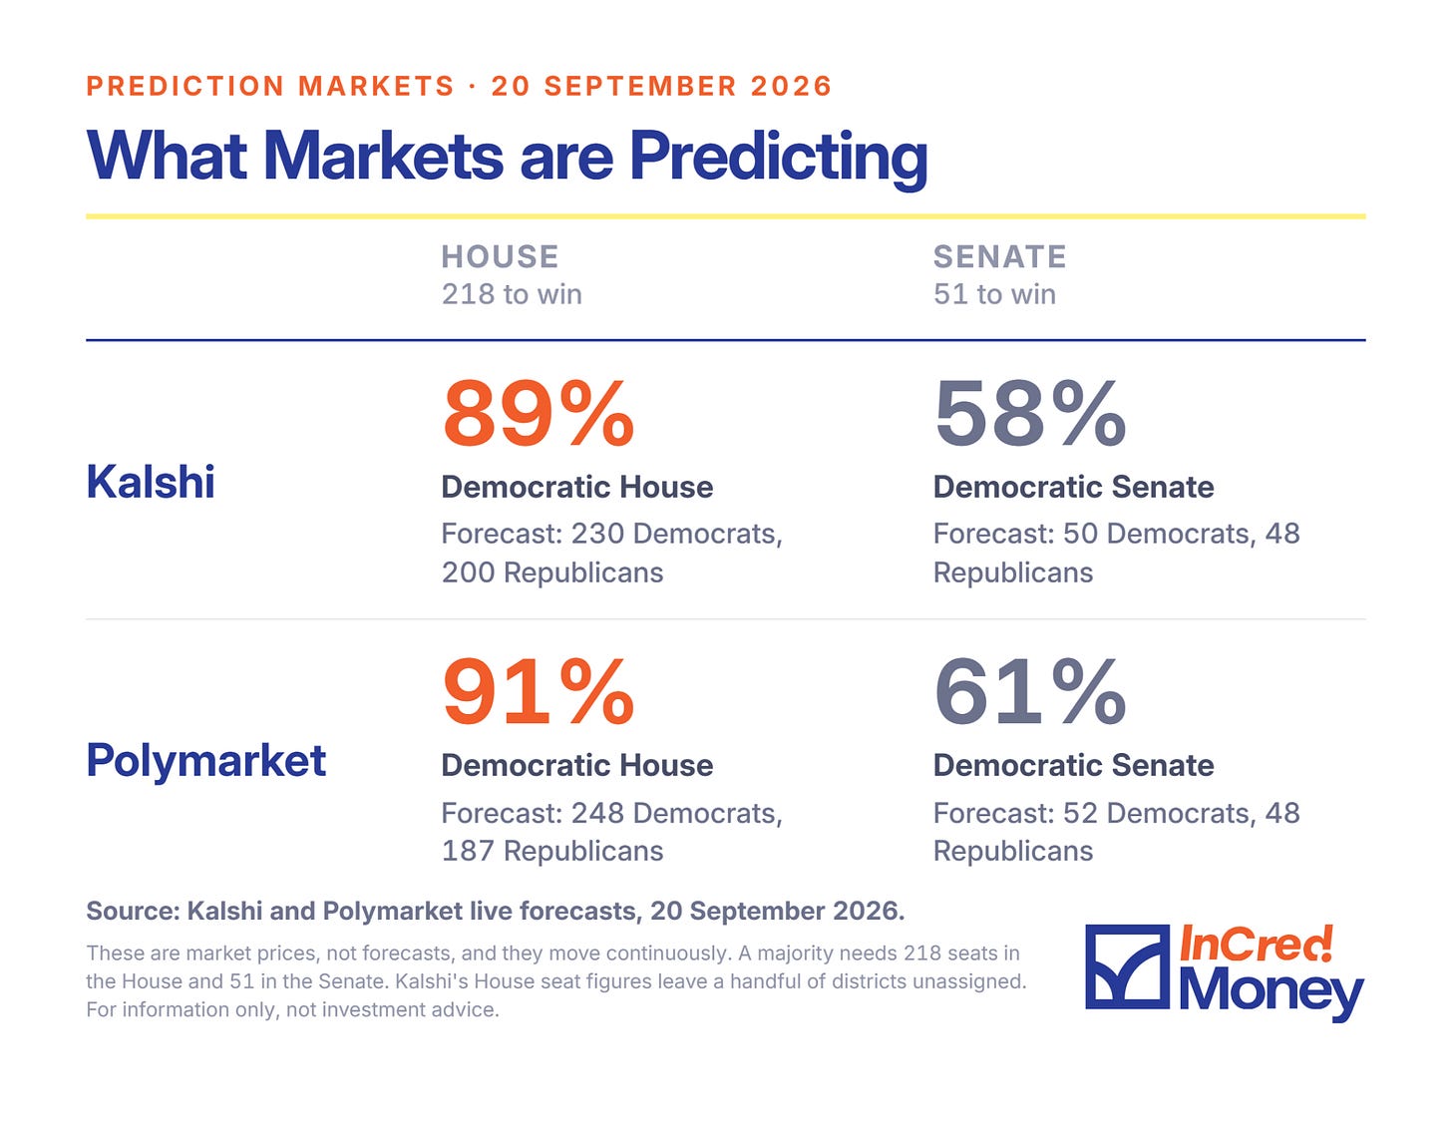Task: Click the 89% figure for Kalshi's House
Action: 538,413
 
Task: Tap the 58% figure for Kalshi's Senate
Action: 1029,413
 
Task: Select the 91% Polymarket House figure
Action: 538,692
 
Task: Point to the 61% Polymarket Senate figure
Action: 1029,692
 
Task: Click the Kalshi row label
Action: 151,482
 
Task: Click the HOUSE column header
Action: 500,256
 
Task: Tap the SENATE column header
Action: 999,256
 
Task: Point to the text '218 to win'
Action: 512,294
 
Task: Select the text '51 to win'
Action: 994,294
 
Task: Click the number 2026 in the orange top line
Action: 791,87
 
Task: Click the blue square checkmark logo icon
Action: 1128,966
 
